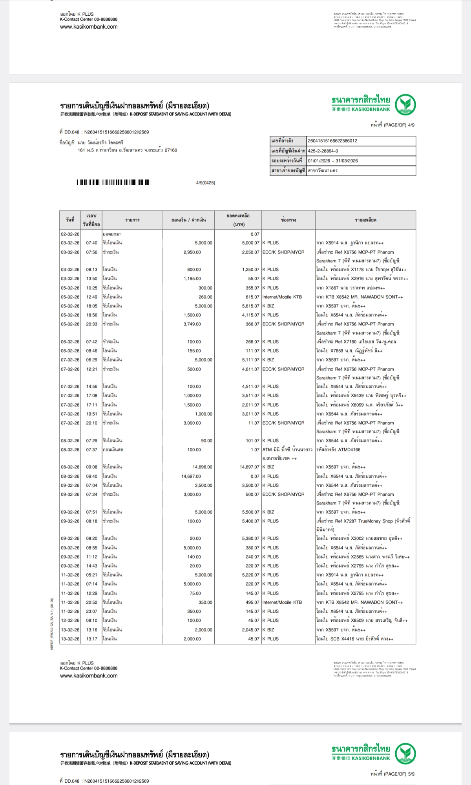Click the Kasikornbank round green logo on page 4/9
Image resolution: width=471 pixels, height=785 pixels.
point(405,105)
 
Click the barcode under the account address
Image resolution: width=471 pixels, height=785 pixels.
point(113,182)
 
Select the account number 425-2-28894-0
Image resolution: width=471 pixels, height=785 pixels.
point(323,151)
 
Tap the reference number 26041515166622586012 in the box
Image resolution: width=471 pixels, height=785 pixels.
point(332,141)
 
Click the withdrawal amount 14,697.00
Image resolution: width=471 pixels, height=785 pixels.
point(191,476)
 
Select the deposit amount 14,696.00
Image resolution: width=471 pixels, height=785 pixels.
point(203,467)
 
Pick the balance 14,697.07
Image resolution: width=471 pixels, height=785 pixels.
point(249,467)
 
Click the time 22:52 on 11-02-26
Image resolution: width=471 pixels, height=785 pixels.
point(91,602)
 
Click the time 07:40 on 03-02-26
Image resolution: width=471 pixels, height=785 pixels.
point(91,243)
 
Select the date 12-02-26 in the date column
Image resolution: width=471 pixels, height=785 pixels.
point(70,620)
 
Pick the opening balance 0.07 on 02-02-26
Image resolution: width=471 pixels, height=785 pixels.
point(255,234)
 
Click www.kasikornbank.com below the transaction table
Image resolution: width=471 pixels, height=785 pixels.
point(89,675)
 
